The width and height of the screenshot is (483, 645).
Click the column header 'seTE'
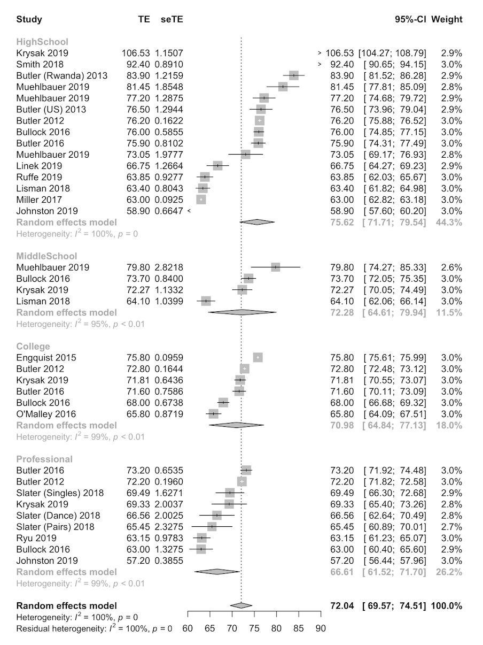tap(172, 19)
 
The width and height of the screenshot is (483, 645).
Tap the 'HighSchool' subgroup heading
tap(42, 42)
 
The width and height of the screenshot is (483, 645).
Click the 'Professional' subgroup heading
tap(44, 459)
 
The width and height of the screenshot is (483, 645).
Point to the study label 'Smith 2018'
tap(37, 64)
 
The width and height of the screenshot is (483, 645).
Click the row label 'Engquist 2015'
tap(46, 357)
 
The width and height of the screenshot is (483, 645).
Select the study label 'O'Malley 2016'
tap(46, 413)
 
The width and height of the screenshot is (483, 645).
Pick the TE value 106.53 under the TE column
tap(136, 53)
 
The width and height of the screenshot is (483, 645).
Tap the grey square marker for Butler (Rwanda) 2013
tap(293, 75)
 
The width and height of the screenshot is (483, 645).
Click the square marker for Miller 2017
tap(201, 199)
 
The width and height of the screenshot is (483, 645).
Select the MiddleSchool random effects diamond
tap(241, 312)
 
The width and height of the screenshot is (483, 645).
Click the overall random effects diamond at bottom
tap(241, 605)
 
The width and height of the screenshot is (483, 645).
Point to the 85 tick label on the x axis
tap(299, 628)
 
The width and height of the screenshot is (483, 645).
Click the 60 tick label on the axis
tap(188, 628)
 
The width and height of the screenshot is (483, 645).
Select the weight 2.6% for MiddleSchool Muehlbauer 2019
tap(451, 267)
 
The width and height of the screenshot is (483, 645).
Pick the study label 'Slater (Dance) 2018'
tap(58, 515)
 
